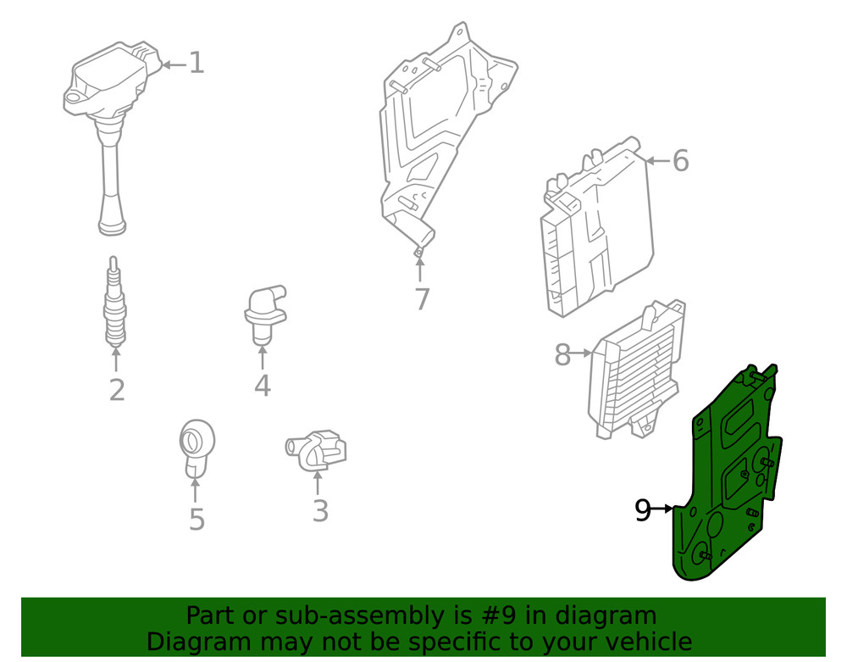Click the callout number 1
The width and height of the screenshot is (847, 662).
[197, 64]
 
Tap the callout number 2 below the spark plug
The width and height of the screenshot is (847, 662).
[117, 390]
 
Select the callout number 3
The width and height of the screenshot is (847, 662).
[319, 511]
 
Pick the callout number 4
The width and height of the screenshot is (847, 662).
[262, 386]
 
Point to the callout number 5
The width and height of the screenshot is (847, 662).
[197, 519]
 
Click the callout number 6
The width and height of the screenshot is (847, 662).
[681, 161]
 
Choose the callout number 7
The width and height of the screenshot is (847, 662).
[422, 299]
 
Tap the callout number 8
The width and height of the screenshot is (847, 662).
[562, 354]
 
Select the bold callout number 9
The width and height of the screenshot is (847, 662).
[644, 510]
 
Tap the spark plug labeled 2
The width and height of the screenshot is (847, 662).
[116, 305]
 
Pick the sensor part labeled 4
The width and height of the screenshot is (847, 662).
[263, 312]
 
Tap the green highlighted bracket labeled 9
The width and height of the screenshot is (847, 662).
[728, 483]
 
